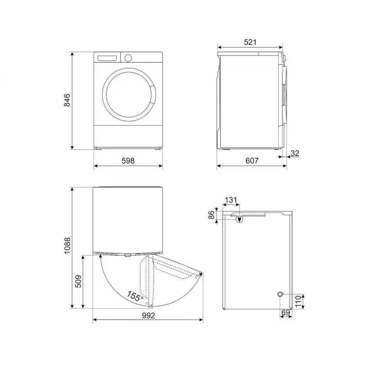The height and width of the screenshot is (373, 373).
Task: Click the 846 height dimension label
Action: pyautogui.click(x=67, y=100)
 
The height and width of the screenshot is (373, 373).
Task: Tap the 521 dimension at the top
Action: pyautogui.click(x=250, y=42)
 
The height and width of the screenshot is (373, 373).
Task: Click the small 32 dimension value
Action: pyautogui.click(x=295, y=153)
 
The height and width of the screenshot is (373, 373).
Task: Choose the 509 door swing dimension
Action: pyautogui.click(x=78, y=282)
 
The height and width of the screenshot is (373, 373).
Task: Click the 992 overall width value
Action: pyautogui.click(x=147, y=315)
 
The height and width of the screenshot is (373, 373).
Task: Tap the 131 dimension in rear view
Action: pyautogui.click(x=230, y=200)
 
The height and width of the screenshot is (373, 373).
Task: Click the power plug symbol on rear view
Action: pyautogui.click(x=239, y=219)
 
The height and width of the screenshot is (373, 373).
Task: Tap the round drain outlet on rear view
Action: pyautogui.click(x=281, y=294)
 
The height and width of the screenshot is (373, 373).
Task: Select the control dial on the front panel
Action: pyautogui.click(x=128, y=58)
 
